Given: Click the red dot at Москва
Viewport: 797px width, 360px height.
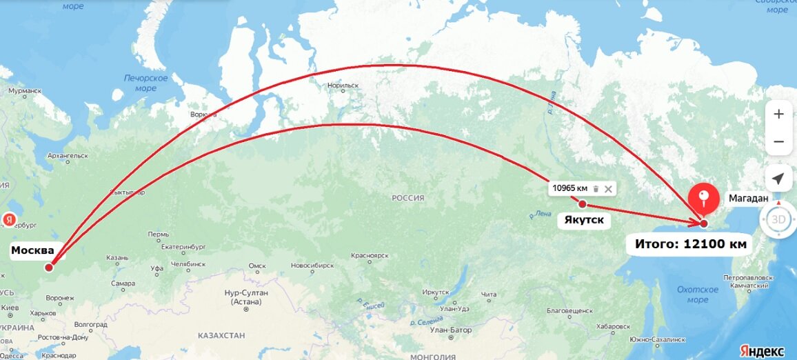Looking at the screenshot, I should tap(49, 268).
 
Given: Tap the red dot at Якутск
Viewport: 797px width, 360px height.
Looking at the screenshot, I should tap(583, 203).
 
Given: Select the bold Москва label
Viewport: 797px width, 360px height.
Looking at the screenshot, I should tap(32, 251).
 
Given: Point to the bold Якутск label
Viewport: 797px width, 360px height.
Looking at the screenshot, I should tap(584, 221).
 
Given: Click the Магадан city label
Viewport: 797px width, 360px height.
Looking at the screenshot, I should tap(749, 199).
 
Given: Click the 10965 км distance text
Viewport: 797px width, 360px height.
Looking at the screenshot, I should tap(570, 189).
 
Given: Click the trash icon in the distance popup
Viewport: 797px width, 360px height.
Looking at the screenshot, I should tap(596, 189).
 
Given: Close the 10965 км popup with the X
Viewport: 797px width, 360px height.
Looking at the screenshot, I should tap(608, 189).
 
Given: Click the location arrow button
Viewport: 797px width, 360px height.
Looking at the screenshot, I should tap(778, 179).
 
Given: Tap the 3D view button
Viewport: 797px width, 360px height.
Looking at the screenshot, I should tap(778, 220).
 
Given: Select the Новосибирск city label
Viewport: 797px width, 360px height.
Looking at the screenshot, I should tap(312, 266).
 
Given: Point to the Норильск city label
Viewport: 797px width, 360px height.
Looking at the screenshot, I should tap(343, 86).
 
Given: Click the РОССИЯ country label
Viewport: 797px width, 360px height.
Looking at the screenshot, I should tap(408, 198).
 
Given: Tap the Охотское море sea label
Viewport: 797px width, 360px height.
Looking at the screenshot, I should tap(697, 294).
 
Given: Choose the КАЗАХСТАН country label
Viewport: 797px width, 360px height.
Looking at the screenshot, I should tap(221, 334).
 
